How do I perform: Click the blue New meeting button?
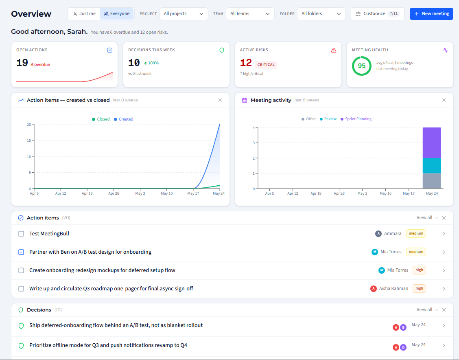(x=431, y=14)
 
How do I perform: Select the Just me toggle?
(x=84, y=14)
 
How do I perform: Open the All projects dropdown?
(x=184, y=14)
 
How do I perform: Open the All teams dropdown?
(x=250, y=14)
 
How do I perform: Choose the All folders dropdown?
(x=321, y=14)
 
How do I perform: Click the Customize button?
(x=377, y=14)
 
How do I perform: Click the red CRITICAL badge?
(x=266, y=65)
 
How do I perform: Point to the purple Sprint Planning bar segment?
(x=432, y=143)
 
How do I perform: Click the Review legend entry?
(x=328, y=119)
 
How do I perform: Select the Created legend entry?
(x=124, y=119)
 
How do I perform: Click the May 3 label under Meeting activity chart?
(x=362, y=193)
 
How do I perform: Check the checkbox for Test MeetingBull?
(x=21, y=234)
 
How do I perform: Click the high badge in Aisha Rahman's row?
(x=419, y=288)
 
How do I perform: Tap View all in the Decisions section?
(x=427, y=310)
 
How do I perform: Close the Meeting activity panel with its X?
(x=444, y=100)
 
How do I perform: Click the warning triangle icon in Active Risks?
(x=333, y=50)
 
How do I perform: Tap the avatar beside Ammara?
(x=378, y=233)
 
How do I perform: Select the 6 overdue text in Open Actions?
(x=40, y=65)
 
